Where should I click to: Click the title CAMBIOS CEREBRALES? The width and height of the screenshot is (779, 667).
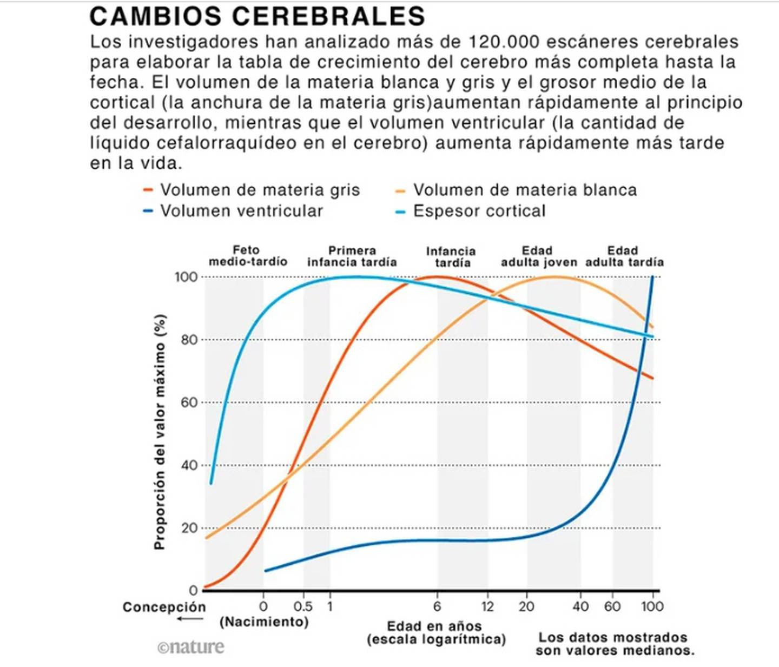(x=257, y=16)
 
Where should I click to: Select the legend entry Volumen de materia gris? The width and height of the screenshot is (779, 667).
(x=259, y=190)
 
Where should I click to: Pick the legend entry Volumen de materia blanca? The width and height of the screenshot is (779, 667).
(x=524, y=190)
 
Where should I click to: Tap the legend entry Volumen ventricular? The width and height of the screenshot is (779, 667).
(x=241, y=211)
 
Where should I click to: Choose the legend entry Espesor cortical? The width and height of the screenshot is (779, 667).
(x=479, y=211)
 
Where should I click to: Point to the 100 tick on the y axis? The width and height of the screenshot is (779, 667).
(x=186, y=277)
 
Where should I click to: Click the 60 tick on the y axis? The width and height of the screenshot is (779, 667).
(x=189, y=402)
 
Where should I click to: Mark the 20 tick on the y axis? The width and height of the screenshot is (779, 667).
(x=189, y=528)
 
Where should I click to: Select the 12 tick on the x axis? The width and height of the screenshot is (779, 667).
(x=487, y=606)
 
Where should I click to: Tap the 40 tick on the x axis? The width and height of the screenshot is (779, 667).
(x=580, y=606)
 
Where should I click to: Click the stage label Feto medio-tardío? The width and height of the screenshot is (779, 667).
(x=247, y=256)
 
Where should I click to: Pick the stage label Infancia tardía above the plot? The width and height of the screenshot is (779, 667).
(x=451, y=257)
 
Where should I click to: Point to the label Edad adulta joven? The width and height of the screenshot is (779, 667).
(x=538, y=256)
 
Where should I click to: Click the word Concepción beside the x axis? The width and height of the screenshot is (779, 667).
(x=164, y=607)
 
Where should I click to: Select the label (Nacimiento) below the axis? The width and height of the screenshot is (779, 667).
(x=264, y=622)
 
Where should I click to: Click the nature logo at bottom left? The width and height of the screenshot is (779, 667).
(x=190, y=647)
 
